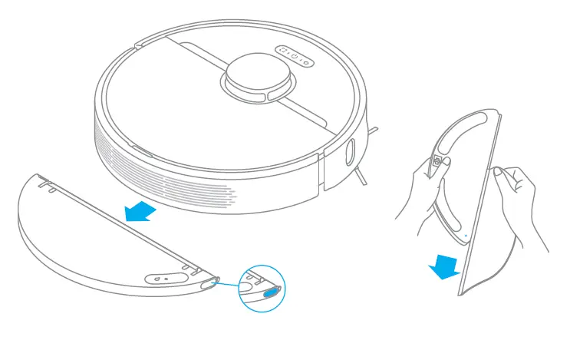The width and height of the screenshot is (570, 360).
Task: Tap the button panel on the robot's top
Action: (295, 56)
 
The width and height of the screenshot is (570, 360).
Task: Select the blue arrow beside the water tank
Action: (140, 210)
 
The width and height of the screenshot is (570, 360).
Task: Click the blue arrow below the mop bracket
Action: (444, 265)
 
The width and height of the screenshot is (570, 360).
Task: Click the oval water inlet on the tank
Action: (162, 280)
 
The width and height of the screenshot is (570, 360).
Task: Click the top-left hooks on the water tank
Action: (46, 182)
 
